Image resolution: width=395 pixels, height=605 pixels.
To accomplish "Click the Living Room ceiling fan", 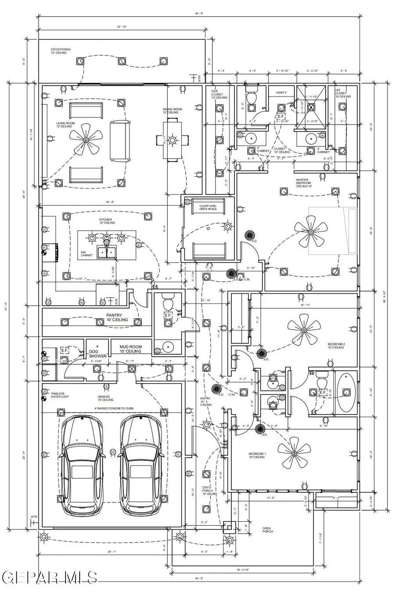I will click(x=86, y=140).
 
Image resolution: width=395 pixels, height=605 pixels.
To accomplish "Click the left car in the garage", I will click(x=82, y=465).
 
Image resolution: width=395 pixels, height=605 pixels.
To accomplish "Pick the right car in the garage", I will click(x=141, y=465).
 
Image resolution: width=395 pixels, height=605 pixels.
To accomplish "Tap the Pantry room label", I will click(x=117, y=317).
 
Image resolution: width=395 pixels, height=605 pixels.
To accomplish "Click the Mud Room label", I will click(x=130, y=349).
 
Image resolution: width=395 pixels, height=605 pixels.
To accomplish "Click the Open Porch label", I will click(x=268, y=530).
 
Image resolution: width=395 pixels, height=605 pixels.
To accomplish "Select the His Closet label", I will click(x=341, y=94).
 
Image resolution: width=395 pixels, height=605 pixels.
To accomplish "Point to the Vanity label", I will click(x=281, y=93).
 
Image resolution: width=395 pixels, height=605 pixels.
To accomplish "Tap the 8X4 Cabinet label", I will click(x=86, y=254).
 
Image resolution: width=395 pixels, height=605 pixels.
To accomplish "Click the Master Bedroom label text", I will click(x=302, y=182).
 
